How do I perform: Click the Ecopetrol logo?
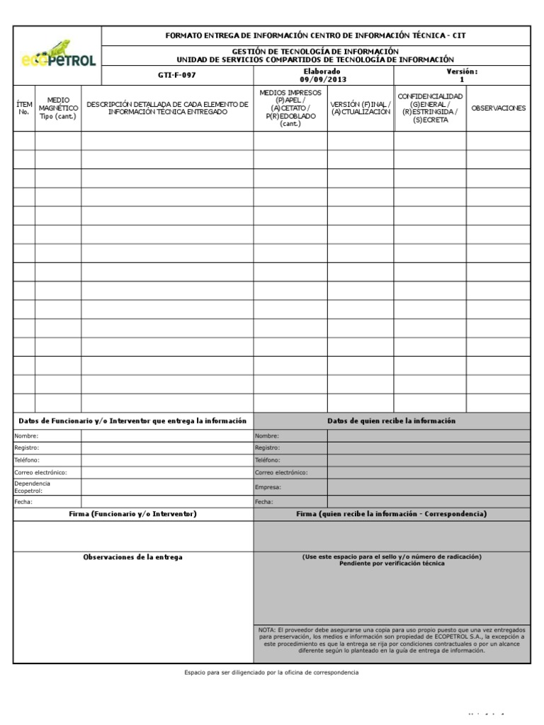click(x=57, y=55)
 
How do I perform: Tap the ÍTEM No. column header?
click(x=24, y=108)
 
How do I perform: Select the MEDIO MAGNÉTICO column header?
click(x=58, y=108)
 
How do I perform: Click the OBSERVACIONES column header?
click(x=498, y=108)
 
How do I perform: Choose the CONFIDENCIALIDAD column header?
click(x=430, y=108)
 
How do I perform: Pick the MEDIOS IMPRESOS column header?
click(x=290, y=108)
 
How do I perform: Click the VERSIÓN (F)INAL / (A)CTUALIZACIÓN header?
click(x=361, y=108)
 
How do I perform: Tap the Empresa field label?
click(x=268, y=487)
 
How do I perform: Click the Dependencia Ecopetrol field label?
click(x=33, y=486)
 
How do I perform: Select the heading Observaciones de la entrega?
click(x=132, y=557)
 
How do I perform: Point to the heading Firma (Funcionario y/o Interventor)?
click(x=132, y=513)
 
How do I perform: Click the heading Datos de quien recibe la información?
click(x=391, y=421)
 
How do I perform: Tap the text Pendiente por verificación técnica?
click(x=392, y=564)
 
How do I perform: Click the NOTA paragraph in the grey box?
click(x=392, y=640)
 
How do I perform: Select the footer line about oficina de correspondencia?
click(x=271, y=672)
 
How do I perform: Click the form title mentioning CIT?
click(x=315, y=35)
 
